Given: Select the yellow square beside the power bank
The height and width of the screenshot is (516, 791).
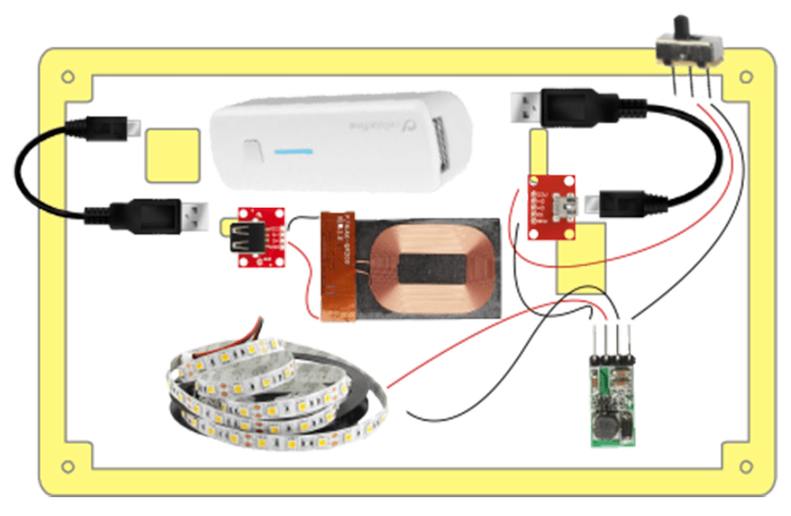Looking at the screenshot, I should [173, 155].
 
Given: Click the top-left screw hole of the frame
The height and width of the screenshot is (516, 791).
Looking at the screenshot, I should [68, 77].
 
